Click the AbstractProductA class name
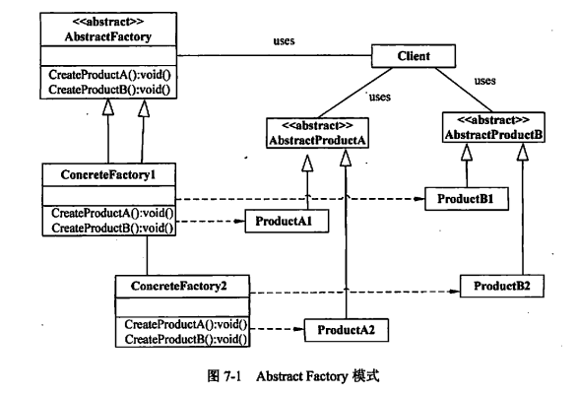coord(318,140)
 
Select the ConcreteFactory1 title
coord(97,173)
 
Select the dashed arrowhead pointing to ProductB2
coord(453,292)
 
